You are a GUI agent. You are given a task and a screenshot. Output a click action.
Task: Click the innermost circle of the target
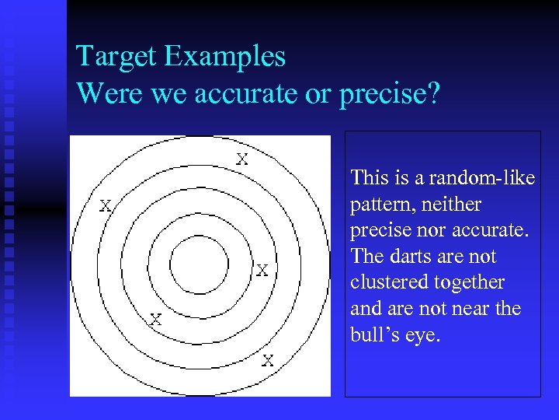pos(199,265)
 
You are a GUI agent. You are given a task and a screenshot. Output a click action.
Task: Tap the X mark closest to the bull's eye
pos(262,270)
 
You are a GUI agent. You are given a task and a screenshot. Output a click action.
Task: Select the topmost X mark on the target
pos(242,159)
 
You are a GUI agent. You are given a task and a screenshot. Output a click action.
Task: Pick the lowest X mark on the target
pos(267,360)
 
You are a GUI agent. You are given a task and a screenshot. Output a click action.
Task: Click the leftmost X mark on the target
pos(105,206)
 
